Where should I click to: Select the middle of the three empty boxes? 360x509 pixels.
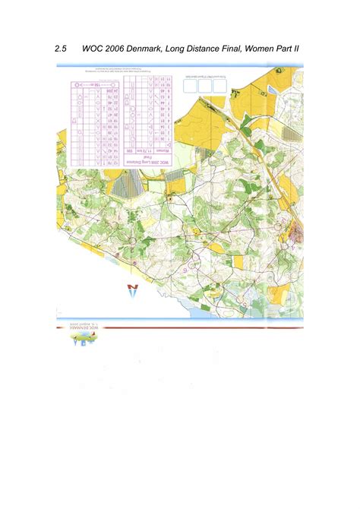pos(204,86)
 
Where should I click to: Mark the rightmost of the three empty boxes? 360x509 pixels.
pos(219,86)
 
